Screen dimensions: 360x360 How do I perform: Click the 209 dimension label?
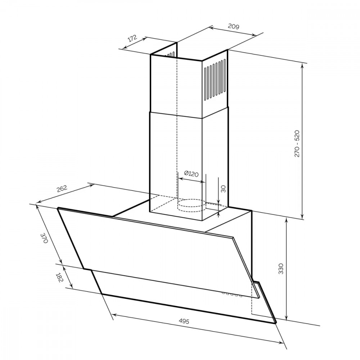234,26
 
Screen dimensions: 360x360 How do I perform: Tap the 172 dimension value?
132,38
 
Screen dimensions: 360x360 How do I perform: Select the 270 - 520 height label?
297,144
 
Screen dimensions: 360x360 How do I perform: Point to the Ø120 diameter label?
191,174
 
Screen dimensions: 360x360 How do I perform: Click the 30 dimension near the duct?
223,189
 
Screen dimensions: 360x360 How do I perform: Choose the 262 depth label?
62,189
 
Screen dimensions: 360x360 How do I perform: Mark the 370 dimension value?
44,238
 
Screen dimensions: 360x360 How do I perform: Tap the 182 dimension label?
59,278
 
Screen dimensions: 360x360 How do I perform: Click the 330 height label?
281,269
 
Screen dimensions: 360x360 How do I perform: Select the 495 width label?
184,321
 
